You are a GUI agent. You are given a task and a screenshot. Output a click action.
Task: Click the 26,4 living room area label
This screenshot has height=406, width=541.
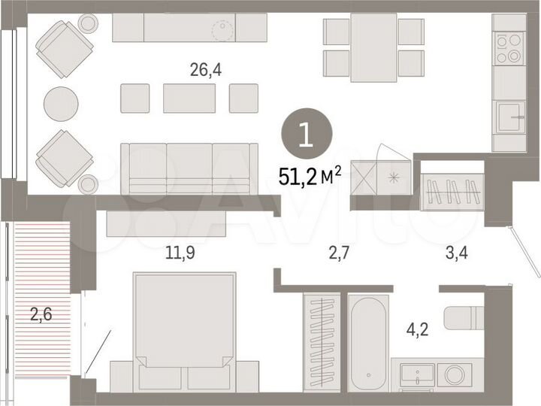click(206, 70)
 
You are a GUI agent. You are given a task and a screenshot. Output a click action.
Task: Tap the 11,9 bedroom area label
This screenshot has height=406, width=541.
click(181, 253)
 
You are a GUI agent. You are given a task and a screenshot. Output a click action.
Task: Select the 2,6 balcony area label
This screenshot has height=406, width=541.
click(41, 314)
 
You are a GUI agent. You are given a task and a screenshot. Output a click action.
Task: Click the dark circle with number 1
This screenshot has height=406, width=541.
click(304, 135)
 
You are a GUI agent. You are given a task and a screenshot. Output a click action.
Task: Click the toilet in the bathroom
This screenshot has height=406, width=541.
click(463, 318)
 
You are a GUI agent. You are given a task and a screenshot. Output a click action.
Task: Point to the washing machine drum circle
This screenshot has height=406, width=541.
click(455, 374)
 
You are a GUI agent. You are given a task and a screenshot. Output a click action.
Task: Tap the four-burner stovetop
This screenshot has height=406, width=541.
click(509, 49)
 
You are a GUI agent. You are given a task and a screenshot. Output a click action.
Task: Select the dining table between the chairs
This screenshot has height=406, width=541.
click(373, 47)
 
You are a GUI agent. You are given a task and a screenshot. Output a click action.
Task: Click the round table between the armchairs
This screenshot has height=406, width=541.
click(61, 104)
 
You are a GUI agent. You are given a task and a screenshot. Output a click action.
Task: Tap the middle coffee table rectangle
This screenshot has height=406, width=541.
click(189, 98)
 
